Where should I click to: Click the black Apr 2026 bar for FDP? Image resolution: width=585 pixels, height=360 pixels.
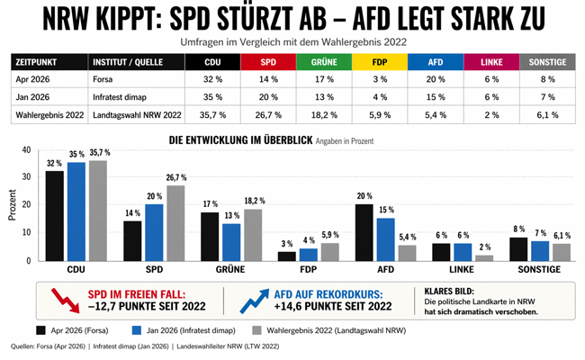[x=286, y=256]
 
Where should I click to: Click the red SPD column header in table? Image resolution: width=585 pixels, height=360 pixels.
[x=268, y=63]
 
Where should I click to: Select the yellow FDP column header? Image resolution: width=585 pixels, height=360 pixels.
[x=381, y=63]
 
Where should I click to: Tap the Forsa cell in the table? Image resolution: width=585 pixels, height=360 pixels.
[x=105, y=80]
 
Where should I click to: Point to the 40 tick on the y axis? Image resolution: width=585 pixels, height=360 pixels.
[x=26, y=150]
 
